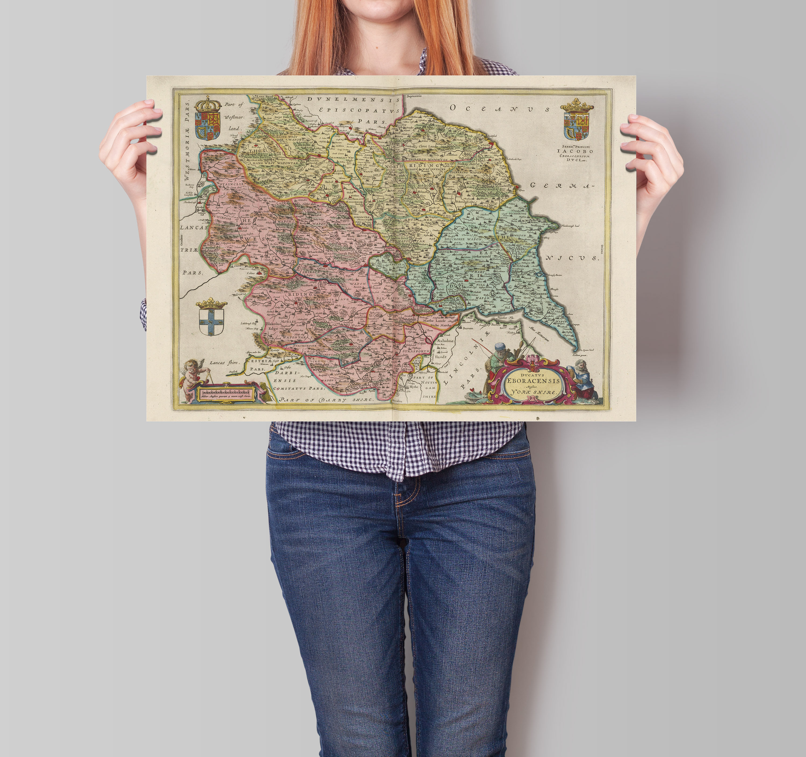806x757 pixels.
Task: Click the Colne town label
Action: tap(251, 273)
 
